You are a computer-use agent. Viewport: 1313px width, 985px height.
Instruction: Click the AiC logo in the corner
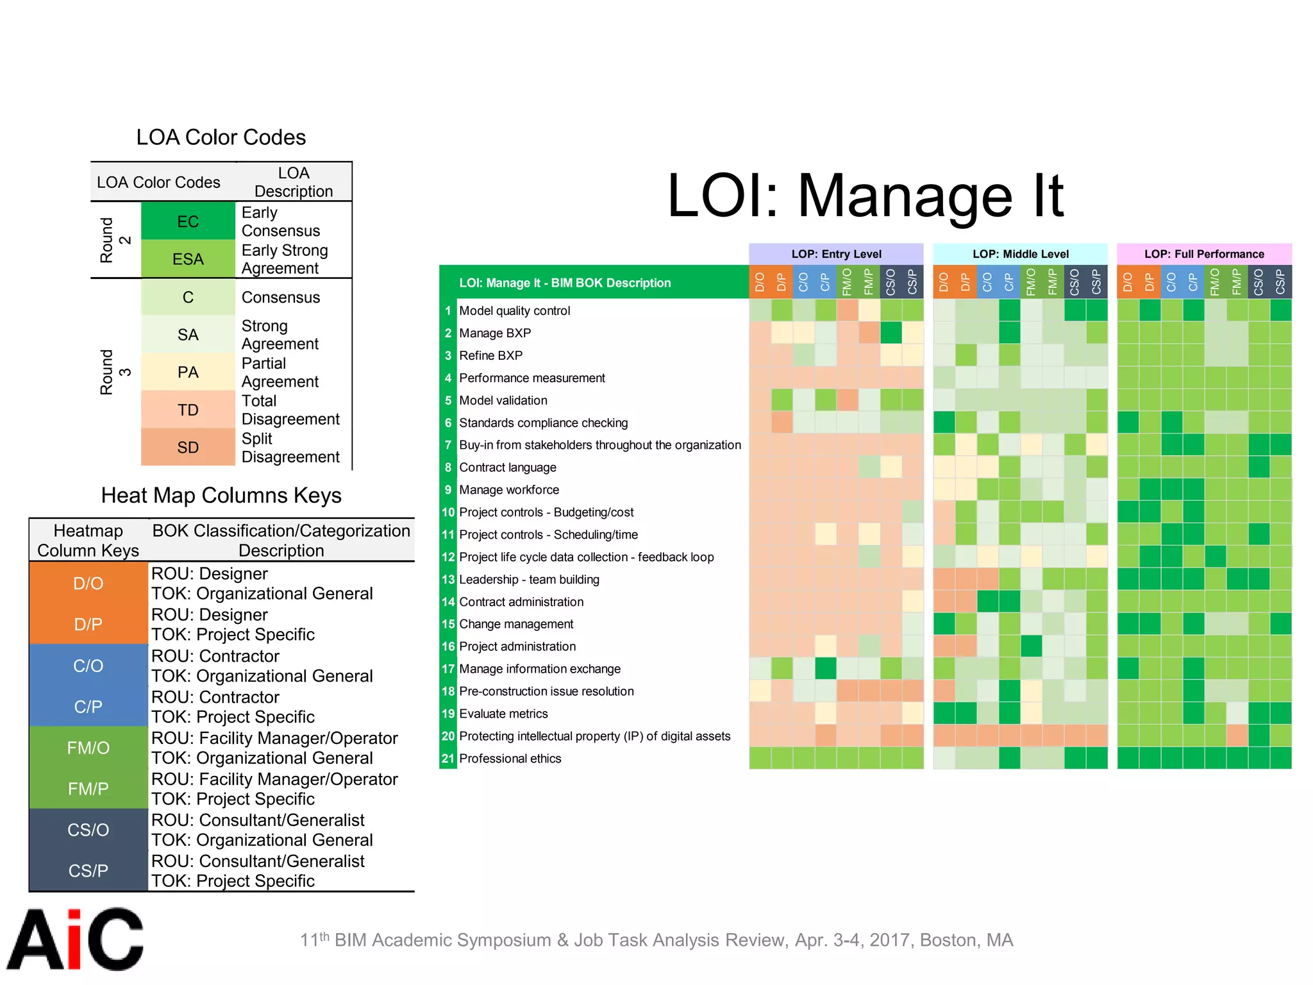coord(74,939)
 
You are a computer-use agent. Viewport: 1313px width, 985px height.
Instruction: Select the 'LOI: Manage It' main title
coord(865,196)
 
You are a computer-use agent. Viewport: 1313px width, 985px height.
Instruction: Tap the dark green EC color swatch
coord(188,221)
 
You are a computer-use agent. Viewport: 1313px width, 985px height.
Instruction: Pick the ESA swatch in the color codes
coord(188,259)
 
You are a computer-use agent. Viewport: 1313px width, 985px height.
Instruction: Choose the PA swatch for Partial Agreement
coord(188,372)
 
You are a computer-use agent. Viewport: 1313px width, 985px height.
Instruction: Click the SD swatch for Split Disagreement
coord(188,447)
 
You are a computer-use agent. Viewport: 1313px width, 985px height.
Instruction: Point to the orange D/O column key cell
coord(88,584)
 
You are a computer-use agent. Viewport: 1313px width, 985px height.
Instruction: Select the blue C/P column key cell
coord(88,707)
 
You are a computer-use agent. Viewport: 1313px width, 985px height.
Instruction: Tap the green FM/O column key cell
coord(88,748)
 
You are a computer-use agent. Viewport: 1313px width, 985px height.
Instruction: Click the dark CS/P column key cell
coord(88,871)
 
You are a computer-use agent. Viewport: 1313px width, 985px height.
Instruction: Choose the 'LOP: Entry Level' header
coord(836,254)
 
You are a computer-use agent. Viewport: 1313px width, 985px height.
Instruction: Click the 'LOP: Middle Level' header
coord(1020,254)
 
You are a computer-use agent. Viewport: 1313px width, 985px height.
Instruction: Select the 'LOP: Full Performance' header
coord(1204,254)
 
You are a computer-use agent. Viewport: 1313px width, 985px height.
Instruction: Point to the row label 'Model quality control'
coord(514,311)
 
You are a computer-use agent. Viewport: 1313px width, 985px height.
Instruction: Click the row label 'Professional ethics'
coord(510,759)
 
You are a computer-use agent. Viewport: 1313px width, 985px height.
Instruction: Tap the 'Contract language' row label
coord(507,467)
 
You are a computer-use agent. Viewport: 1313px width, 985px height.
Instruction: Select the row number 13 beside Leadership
coord(448,580)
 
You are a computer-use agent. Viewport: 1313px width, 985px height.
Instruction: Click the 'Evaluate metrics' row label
coord(503,714)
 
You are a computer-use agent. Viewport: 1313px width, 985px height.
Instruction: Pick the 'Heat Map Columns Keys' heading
coord(221,496)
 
